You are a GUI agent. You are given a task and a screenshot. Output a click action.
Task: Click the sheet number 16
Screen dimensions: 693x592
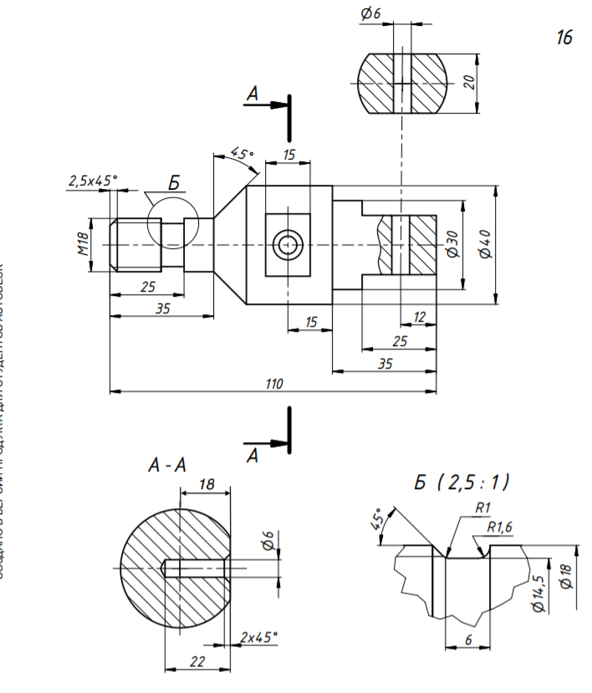564,38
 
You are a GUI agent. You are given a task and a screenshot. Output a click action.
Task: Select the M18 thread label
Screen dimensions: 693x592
84,243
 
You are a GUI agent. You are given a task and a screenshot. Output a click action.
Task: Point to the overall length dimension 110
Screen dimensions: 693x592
273,384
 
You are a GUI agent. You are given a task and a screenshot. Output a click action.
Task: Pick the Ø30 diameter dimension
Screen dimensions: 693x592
452,242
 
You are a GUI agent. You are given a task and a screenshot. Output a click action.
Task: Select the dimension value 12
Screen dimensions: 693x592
420,317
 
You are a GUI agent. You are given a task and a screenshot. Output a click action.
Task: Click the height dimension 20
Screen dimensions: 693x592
469,81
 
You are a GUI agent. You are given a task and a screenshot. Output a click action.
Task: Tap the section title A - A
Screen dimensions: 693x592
166,466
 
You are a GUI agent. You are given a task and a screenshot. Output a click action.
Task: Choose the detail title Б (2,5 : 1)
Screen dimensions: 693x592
462,482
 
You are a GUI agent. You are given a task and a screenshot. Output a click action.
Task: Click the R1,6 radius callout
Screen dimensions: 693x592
499,527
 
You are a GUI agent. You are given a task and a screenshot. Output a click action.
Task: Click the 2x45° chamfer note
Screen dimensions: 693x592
259,637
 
